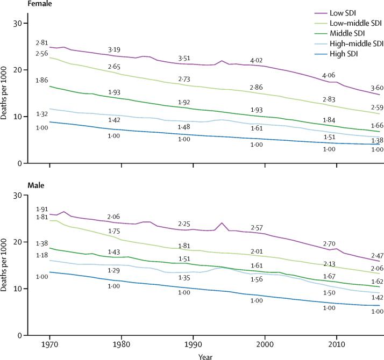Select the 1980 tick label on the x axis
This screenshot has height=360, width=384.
[122, 344]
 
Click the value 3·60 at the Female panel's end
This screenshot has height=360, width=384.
[376, 88]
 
